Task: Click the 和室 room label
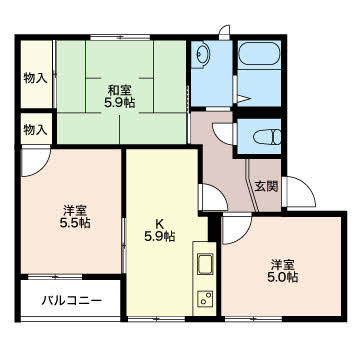tap(119, 90)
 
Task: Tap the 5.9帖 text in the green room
tap(119, 103)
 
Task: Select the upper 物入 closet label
tap(35, 78)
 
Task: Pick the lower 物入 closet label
tap(35, 130)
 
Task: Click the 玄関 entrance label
tap(266, 186)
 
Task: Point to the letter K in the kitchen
tap(159, 223)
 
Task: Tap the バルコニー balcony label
tap(71, 301)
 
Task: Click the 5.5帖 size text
tap(75, 223)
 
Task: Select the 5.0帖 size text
tap(283, 277)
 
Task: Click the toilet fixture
tap(267, 137)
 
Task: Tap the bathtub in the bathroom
tap(259, 54)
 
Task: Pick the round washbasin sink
tap(202, 54)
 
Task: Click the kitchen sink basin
tap(205, 264)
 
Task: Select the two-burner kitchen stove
tap(205, 299)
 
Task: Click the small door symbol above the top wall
tap(225, 30)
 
